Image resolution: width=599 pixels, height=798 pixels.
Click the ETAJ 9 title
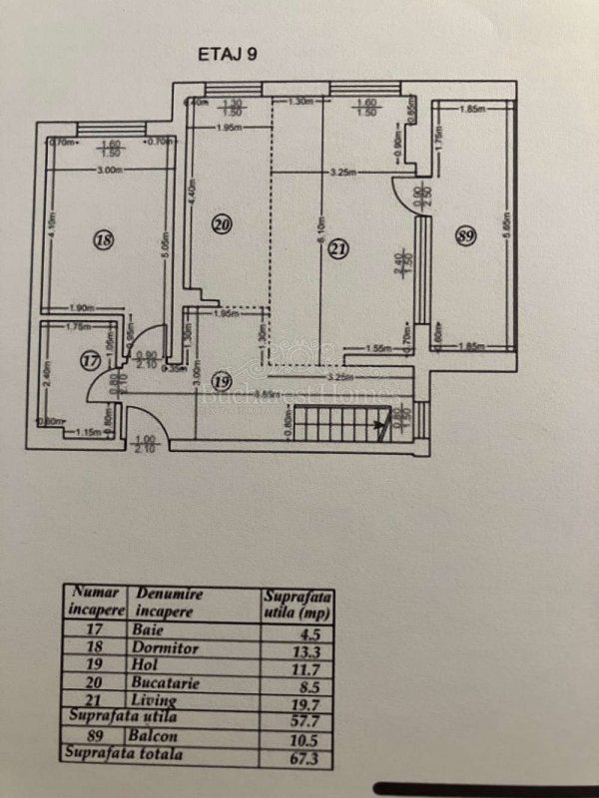point(228,55)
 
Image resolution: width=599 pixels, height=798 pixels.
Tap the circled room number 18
point(102,238)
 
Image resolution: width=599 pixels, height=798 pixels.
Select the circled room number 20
point(222,225)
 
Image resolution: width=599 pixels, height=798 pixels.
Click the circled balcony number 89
point(463,235)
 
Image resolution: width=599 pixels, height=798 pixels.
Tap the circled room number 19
point(223,380)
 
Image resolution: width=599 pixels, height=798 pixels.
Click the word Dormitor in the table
point(165,648)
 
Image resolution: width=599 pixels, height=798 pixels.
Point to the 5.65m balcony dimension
point(507,221)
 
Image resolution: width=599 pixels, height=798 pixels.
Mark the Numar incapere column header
point(95,600)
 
